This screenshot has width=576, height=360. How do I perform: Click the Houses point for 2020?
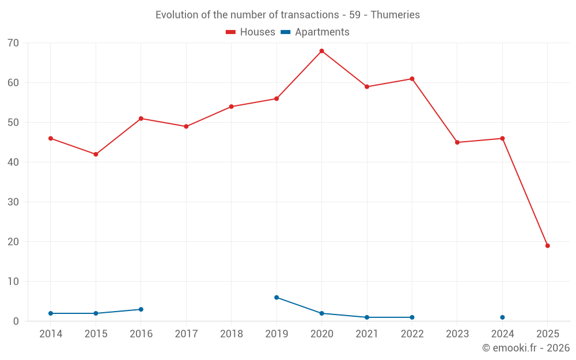coord(321,51)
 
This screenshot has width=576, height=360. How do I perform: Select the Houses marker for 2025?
coord(548,246)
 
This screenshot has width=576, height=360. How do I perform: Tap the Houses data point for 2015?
coord(96,154)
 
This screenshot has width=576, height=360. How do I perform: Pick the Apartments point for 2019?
coord(276,297)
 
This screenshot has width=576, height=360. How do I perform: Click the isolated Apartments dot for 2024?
coord(502,317)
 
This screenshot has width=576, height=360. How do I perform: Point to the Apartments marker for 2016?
coord(141,309)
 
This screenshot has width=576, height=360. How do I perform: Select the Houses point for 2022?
coord(412,79)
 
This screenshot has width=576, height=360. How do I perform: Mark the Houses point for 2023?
coord(457,142)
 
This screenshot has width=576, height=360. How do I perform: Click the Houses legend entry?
coord(251,32)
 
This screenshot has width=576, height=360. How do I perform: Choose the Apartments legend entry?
coord(315,32)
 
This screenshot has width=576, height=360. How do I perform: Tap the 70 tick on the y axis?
coord(13,43)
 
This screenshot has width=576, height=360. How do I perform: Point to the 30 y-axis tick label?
coord(13,202)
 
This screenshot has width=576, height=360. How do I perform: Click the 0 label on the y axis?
coord(16,321)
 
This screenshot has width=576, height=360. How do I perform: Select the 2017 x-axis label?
coord(186,334)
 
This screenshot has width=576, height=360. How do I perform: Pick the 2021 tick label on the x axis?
coord(367,334)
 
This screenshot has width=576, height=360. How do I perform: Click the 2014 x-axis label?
coord(51,334)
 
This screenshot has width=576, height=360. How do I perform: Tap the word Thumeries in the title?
coord(395,15)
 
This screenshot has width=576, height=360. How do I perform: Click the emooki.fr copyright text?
coord(526,348)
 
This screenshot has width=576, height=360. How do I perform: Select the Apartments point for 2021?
coord(367,317)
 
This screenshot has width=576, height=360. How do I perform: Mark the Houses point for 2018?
coord(232,107)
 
